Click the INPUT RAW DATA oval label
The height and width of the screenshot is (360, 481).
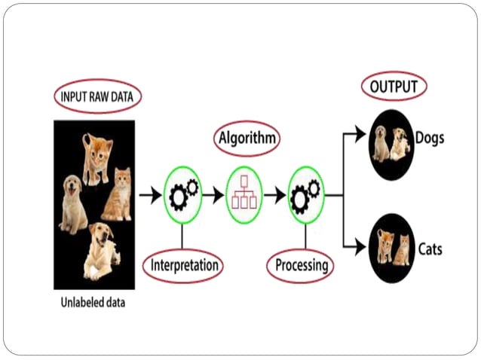click(x=97, y=97)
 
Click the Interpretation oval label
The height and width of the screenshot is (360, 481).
click(x=184, y=265)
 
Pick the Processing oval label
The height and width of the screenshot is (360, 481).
click(x=301, y=265)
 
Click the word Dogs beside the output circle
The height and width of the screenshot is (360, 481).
click(x=430, y=139)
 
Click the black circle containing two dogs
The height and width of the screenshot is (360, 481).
click(x=391, y=141)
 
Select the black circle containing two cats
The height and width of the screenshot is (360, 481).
click(x=392, y=248)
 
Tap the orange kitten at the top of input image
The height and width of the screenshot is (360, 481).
click(x=97, y=157)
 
